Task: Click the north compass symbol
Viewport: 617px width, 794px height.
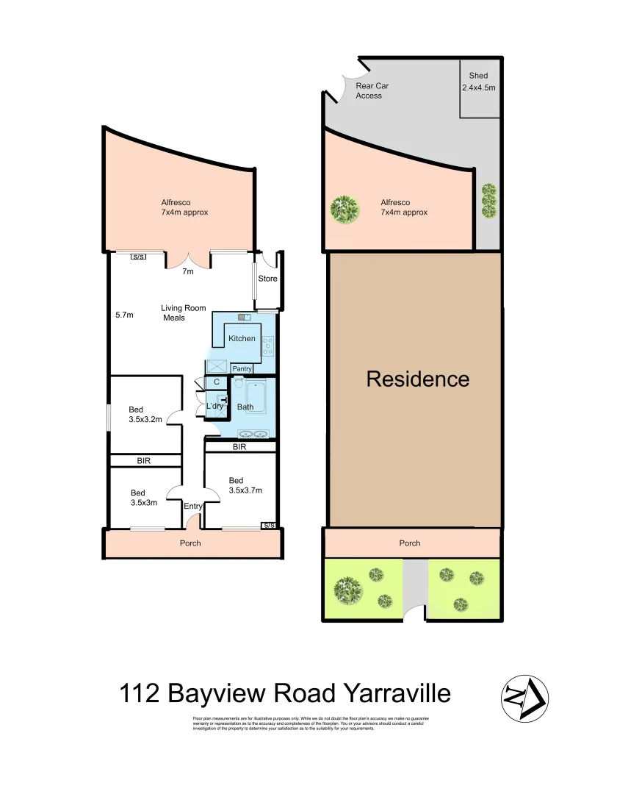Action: click(x=525, y=697)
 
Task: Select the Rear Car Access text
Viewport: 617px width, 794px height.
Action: click(x=372, y=90)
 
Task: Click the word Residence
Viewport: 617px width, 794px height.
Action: click(x=417, y=379)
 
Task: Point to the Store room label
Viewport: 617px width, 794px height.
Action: click(x=267, y=279)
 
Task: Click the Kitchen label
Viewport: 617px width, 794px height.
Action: click(x=242, y=338)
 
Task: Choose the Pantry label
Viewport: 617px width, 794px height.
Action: click(x=242, y=368)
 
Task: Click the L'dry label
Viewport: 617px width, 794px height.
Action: click(x=214, y=406)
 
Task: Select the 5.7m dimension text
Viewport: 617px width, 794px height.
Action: click(x=124, y=315)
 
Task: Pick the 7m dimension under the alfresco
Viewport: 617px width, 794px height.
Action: click(x=188, y=271)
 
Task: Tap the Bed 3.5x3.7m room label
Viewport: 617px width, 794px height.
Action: click(x=245, y=485)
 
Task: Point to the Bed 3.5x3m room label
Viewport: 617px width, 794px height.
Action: click(x=143, y=498)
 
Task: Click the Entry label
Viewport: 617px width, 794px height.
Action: click(x=193, y=506)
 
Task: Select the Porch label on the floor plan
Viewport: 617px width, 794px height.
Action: click(x=190, y=543)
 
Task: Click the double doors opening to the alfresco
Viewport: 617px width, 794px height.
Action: click(x=189, y=259)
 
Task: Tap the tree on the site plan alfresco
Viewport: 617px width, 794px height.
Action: click(x=344, y=210)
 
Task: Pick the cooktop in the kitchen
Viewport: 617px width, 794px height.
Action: click(x=268, y=343)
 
